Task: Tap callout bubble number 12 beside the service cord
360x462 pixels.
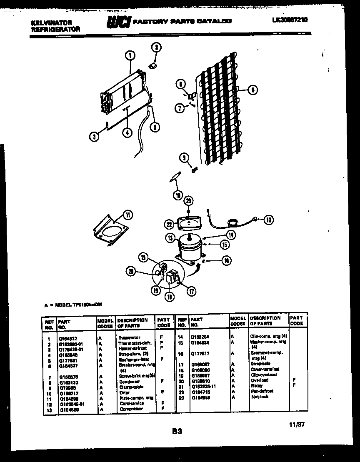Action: [268, 220]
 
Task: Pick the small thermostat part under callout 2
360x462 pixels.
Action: [153, 65]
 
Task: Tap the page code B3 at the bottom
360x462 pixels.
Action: [177, 432]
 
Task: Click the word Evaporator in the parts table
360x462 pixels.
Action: [129, 337]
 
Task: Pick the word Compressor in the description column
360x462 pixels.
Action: [131, 409]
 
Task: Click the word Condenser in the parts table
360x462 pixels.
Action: [129, 382]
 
